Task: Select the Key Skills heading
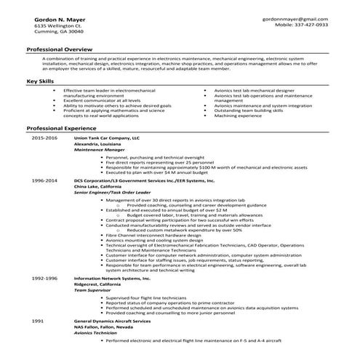tap(40, 81)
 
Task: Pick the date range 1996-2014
tap(44, 179)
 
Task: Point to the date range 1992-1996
tap(44, 279)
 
